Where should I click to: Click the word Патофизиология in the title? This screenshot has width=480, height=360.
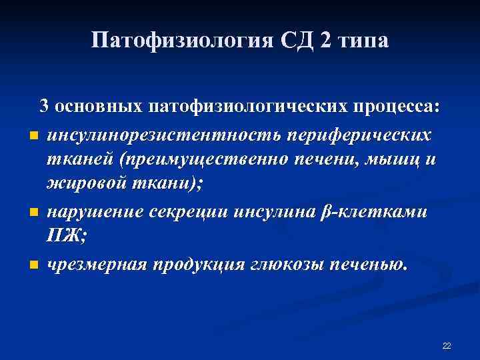(180, 41)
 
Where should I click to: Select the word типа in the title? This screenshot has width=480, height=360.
(361, 41)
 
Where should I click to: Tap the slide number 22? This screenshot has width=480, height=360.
(447, 345)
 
